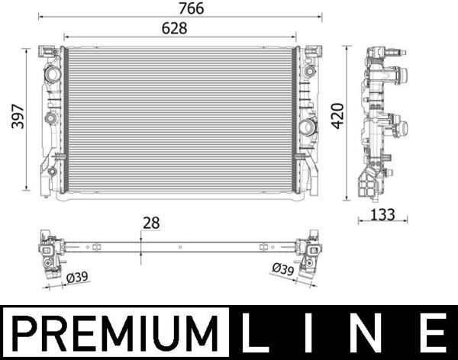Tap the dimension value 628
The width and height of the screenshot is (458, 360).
(174, 27)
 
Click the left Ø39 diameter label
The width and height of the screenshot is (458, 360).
(76, 278)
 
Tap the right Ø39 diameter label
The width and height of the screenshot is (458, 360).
(283, 269)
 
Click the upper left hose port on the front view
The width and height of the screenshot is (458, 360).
(52, 76)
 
